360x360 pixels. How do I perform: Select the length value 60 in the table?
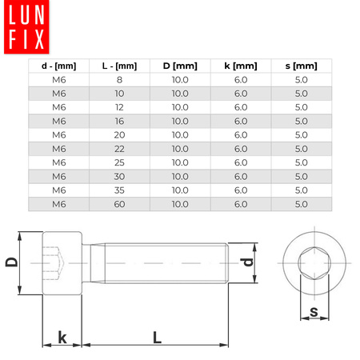coord(120,204)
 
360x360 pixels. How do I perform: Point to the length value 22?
coord(120,148)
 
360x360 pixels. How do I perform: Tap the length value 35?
coord(120,190)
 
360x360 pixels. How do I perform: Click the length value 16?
coord(120,120)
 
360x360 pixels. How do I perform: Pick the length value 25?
coord(120,162)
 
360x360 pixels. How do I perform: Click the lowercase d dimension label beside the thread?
coord(249,262)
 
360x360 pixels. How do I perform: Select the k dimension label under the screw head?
coord(62,337)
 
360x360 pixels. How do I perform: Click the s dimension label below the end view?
coord(314,311)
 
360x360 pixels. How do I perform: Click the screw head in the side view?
coord(62,263)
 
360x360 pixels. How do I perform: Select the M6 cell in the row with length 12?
coord(59,106)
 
